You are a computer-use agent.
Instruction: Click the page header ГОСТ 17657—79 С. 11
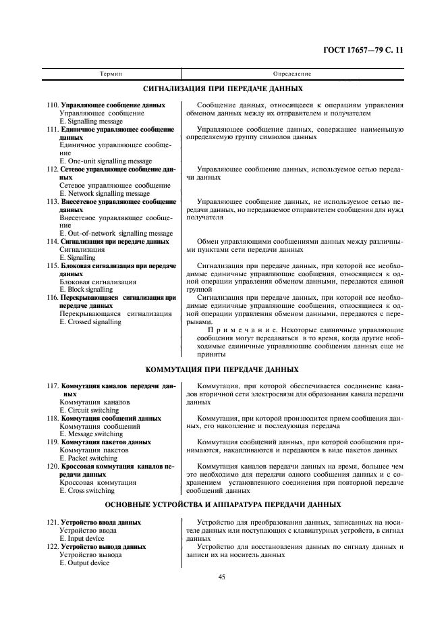tap(363, 49)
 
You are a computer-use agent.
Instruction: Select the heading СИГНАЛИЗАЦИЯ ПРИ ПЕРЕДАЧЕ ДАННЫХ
tap(223, 88)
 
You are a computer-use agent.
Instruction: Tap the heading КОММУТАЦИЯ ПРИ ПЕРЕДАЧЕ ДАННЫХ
tap(223, 369)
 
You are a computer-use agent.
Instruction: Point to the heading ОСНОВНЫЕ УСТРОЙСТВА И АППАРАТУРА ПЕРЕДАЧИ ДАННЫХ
tap(223, 505)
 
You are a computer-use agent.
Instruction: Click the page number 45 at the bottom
tap(222, 576)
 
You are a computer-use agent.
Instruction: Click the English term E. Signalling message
tap(91, 122)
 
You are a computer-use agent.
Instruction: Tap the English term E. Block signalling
tap(86, 289)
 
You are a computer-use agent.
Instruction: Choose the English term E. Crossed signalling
tap(90, 321)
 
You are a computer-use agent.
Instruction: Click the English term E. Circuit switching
tap(89, 409)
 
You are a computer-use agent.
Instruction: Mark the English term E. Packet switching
tap(88, 458)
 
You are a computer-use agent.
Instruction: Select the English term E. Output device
tap(84, 562)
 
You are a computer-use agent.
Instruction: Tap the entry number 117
tap(52, 385)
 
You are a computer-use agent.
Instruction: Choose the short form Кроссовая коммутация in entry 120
tap(98, 482)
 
